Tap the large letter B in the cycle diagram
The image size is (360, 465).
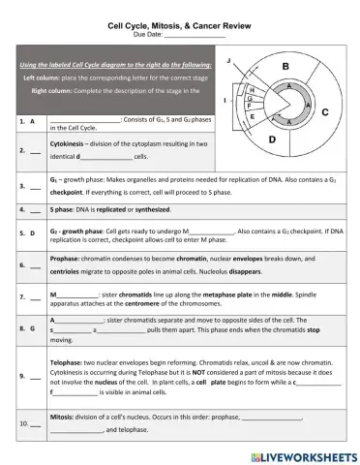(x=285, y=66)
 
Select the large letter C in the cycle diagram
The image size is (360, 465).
(x=325, y=112)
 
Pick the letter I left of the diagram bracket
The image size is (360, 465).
(x=224, y=100)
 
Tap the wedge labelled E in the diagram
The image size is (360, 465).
(x=253, y=116)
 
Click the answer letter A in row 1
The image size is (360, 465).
(x=32, y=122)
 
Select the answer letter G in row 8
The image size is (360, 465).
(x=32, y=328)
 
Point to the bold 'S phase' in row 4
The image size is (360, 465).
(x=63, y=208)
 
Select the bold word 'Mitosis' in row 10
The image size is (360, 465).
(x=63, y=416)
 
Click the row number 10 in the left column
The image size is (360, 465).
(x=22, y=423)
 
